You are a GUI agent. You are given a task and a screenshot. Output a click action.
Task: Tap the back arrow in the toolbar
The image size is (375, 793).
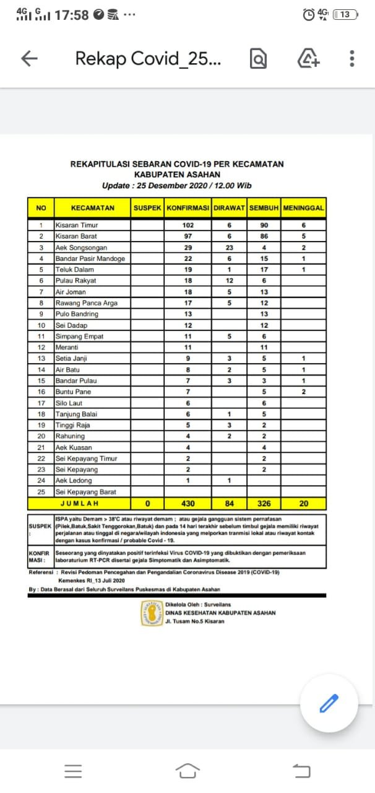(30, 58)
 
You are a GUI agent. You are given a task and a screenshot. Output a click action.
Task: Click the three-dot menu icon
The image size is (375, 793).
(352, 58)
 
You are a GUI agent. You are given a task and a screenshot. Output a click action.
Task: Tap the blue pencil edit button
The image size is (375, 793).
(329, 703)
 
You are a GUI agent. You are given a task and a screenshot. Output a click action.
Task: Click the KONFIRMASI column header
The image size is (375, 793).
(188, 208)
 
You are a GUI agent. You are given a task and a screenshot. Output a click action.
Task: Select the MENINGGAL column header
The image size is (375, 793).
(303, 208)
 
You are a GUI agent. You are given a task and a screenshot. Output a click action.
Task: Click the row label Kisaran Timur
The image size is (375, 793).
(77, 226)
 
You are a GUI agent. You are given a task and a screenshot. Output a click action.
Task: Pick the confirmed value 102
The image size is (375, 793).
(188, 226)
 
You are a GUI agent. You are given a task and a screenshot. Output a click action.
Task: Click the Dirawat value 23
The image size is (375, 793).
(230, 248)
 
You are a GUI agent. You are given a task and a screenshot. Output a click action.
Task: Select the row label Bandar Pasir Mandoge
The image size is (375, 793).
(90, 259)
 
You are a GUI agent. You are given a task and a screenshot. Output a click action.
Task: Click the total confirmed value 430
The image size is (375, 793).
(188, 504)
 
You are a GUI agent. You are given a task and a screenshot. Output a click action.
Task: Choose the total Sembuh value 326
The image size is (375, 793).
(264, 504)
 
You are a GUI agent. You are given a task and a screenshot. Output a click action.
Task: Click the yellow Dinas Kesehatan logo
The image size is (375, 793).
(152, 613)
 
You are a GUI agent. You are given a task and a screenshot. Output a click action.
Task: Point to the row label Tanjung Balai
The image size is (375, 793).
(77, 414)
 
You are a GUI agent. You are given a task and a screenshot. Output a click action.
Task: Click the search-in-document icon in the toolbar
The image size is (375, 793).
(258, 59)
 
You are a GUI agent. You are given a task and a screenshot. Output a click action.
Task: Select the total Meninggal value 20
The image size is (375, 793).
(303, 504)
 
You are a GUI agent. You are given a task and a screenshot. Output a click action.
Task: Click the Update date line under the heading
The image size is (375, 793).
(176, 185)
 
